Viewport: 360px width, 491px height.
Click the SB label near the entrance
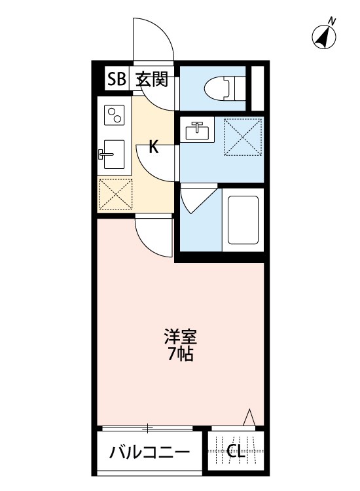pos(117,80)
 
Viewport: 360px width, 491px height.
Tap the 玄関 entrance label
pos(152,80)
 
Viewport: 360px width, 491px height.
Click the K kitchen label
pos(154,147)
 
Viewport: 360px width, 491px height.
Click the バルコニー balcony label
pos(150,452)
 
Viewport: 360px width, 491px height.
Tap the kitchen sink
pos(113,155)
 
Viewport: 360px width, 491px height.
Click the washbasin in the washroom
pos(196,131)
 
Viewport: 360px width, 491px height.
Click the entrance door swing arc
pos(153,39)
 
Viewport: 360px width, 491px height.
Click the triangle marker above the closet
pos(248,418)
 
